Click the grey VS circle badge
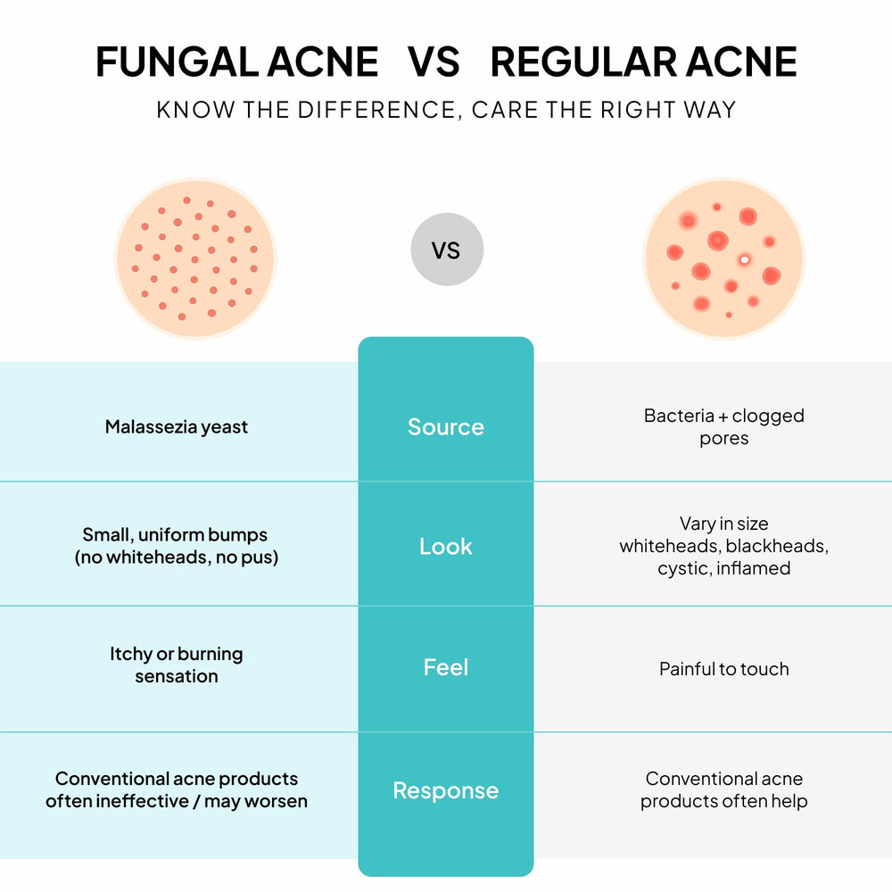coord(447,249)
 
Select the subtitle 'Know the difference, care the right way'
coord(446,110)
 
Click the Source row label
coord(446,426)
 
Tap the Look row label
coord(446,546)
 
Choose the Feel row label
coord(446,666)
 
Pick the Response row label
coord(446,790)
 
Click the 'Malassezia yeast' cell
coord(177,426)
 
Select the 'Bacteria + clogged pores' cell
coord(724,426)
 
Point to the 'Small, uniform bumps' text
coord(175,534)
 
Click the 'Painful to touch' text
coord(724,668)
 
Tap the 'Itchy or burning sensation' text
coord(177,665)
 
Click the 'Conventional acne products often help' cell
coord(724,789)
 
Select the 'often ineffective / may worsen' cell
coord(177,801)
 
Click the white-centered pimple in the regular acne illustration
coord(745,260)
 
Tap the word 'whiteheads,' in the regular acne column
coord(670,546)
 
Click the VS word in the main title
coord(434,62)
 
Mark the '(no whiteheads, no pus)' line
coord(177,557)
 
